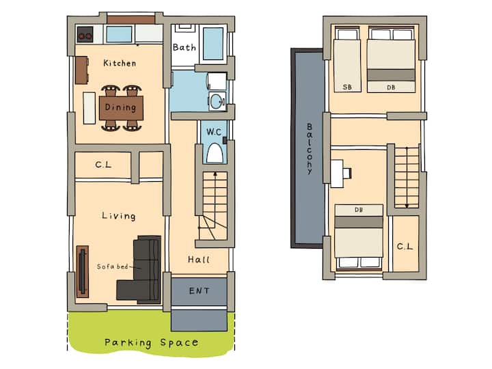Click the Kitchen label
pos(120,63)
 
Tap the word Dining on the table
pos(120,107)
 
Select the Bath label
pos(184,47)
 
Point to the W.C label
pos(214,132)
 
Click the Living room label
pos(119,216)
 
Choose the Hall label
pos(199,260)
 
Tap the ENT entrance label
pos(199,291)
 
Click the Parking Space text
pos(151,342)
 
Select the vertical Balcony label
pos(310,149)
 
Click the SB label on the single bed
pos(347,87)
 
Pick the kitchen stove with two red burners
pos(85,35)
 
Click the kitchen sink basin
pos(119,34)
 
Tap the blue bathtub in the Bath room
pos(213,43)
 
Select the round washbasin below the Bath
pos(217,101)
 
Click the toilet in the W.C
pos(215,154)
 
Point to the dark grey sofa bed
pos(140,270)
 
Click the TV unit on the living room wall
pos(83,271)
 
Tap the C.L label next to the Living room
pos(103,165)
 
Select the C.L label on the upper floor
pos(405,246)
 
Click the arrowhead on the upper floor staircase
pos(407,206)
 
